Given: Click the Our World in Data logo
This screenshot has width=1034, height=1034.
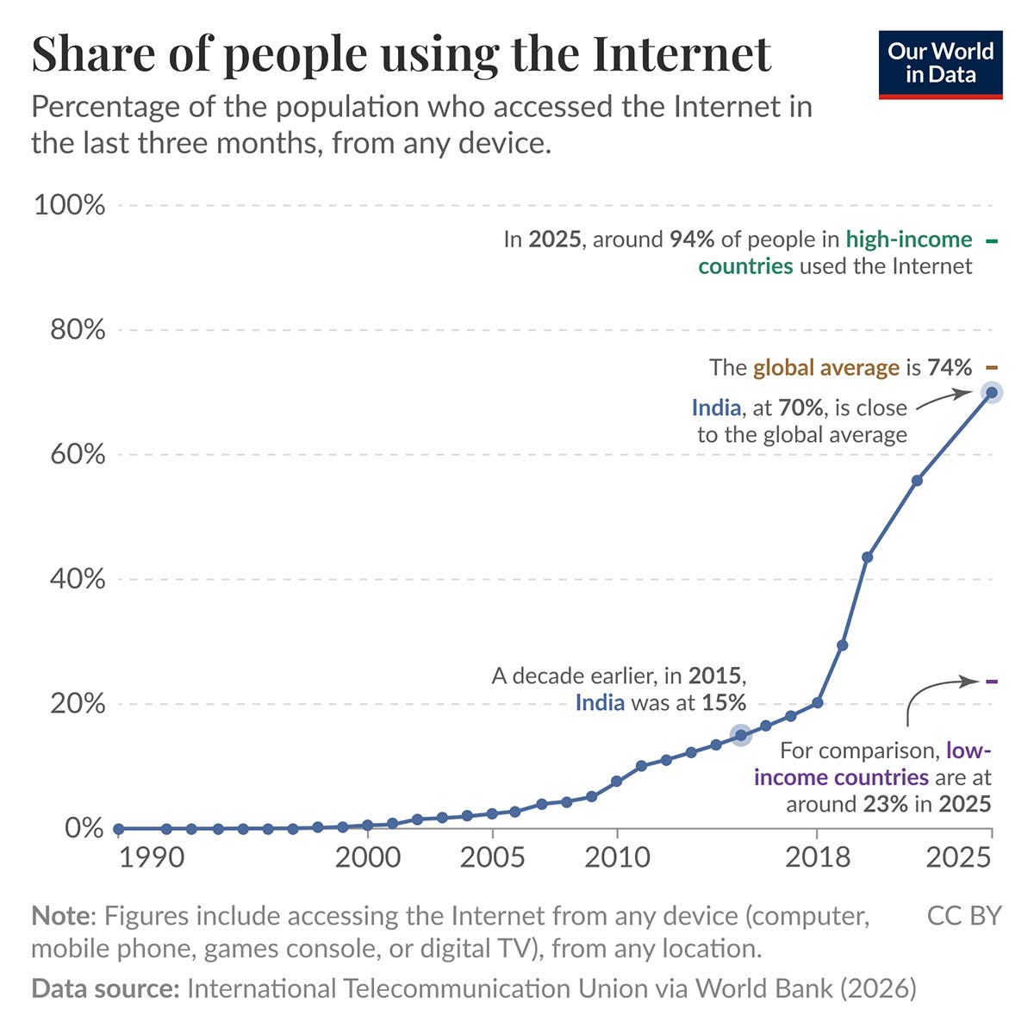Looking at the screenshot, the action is pos(940,65).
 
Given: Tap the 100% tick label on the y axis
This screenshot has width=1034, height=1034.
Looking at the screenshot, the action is pos(69,205).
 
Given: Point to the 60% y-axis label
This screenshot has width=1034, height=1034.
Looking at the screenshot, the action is pos(78,454).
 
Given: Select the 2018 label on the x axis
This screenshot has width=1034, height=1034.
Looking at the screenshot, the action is pos(817,857).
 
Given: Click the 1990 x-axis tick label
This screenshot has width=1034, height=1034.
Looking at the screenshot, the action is pos(152,857).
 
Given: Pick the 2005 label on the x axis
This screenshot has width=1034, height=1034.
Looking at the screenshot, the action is pos(492,857).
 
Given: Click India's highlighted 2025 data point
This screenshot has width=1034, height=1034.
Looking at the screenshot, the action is pos(992,393).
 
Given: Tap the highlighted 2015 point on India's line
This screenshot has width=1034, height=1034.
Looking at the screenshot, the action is pos(741,735).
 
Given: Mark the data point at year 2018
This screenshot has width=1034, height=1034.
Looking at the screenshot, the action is pos(817,703).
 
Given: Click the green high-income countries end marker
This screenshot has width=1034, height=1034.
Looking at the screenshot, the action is pos(992,241).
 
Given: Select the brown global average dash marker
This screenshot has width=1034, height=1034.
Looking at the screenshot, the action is pos(992,368).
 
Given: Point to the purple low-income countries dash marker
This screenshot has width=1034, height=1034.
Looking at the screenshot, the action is pos(992,682).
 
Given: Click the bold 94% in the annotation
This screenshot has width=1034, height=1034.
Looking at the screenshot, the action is pos(692,240).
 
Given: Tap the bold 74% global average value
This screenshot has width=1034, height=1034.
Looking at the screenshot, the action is pos(950,368).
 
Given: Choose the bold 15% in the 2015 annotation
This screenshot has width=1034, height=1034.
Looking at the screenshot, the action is pos(724,703).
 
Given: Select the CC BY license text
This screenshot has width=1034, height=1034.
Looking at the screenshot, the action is pos(964,916).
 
